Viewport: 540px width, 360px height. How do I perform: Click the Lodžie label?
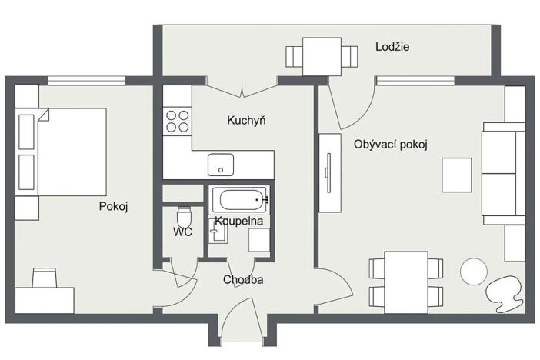(x=392, y=47)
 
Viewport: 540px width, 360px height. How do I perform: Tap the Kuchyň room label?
(x=246, y=121)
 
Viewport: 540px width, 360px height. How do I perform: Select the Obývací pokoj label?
(x=390, y=144)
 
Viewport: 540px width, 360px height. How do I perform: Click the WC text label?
(x=182, y=231)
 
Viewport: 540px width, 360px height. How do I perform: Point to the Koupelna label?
(x=239, y=221)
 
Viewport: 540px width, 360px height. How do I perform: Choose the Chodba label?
(x=243, y=280)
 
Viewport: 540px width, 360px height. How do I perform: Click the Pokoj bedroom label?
(x=112, y=206)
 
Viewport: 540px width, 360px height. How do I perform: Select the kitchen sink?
(x=221, y=165)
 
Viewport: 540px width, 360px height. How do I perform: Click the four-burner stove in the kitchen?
(x=178, y=121)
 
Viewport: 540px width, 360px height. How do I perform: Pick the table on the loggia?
(x=322, y=56)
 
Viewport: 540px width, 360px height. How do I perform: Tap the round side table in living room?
(x=473, y=272)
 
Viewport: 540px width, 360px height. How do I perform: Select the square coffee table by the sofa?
(x=457, y=175)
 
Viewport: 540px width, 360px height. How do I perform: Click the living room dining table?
(x=406, y=282)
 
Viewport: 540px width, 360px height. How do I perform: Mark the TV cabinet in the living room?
(x=329, y=173)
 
